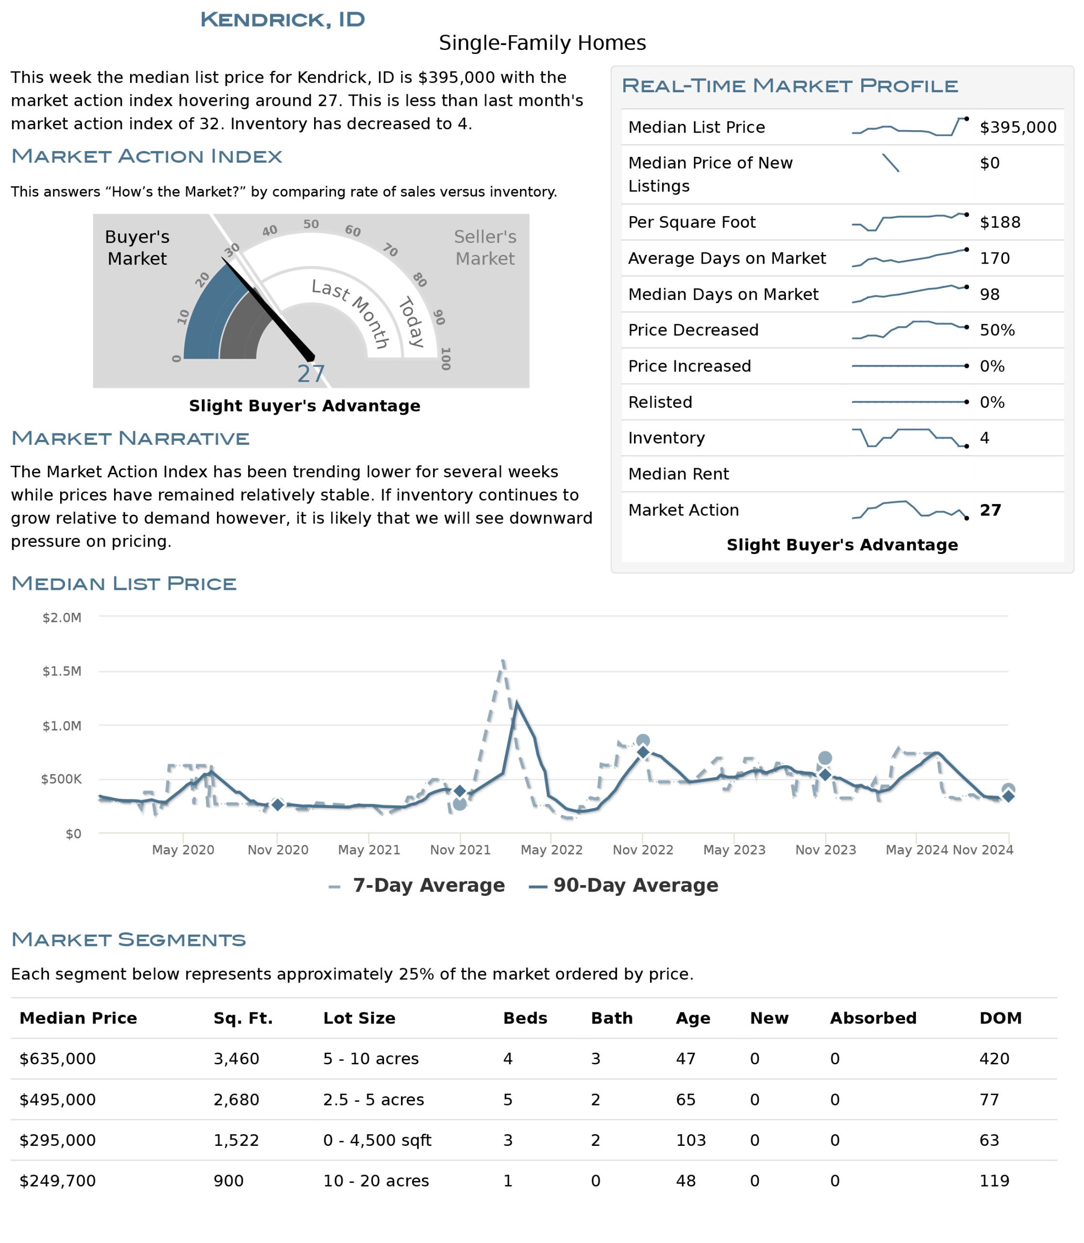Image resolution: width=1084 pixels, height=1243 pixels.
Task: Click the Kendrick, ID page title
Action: (x=283, y=19)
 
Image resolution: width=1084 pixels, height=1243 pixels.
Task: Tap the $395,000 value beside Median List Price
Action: (x=1017, y=127)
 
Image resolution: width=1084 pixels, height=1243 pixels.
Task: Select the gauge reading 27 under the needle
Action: (x=311, y=374)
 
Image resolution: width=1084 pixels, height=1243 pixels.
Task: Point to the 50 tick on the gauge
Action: (x=311, y=224)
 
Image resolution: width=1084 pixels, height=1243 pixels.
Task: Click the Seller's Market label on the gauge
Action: (x=484, y=248)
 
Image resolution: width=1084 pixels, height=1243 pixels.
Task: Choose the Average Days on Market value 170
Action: (x=995, y=258)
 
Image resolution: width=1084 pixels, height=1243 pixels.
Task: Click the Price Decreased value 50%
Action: (x=997, y=330)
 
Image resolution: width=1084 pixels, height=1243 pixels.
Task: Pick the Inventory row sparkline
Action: (x=909, y=437)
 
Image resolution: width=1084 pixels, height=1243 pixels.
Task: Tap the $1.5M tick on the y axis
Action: (x=62, y=671)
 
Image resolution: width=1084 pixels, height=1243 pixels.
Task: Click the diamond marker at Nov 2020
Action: (x=277, y=805)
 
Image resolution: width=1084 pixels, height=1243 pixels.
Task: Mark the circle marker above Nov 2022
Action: (x=643, y=741)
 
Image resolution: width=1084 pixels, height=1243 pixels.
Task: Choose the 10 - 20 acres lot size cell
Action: (x=376, y=1181)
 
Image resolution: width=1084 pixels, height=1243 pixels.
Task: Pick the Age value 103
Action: (x=690, y=1140)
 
